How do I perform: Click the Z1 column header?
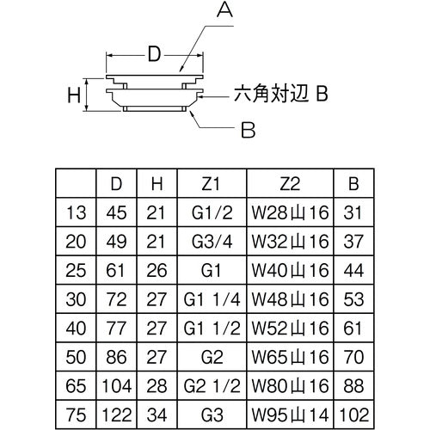pos(212,182)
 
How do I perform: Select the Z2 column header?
pos(289,182)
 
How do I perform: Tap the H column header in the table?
pos(156,182)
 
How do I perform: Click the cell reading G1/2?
pos(212,212)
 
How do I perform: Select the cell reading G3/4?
pos(212,241)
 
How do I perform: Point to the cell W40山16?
pos(289,269)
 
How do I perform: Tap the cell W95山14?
pos(289,414)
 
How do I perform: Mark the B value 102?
pos(352,414)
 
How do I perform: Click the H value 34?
pos(156,414)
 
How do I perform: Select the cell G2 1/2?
pos(212,385)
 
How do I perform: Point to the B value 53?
pos(352,298)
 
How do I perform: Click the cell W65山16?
pos(289,356)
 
